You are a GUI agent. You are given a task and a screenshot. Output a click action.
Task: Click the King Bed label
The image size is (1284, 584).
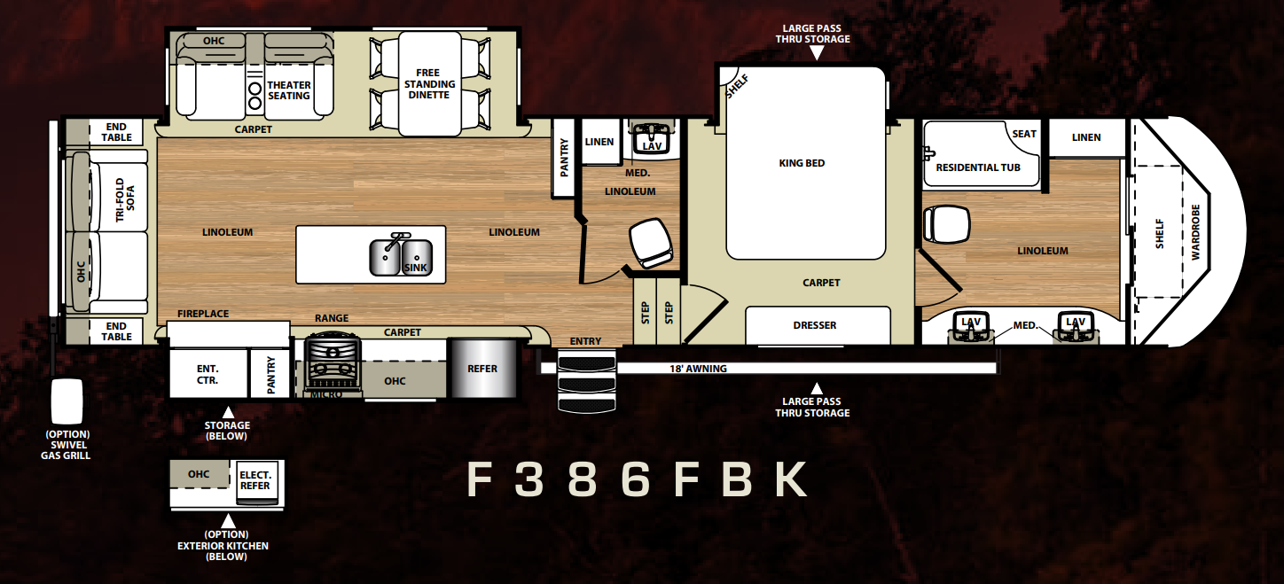802,163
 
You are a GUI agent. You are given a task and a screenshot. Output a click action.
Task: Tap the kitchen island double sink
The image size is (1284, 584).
401,257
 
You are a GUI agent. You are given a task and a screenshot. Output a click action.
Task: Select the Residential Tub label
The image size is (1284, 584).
978,167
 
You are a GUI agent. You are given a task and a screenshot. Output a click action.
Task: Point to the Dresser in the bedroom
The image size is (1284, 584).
818,325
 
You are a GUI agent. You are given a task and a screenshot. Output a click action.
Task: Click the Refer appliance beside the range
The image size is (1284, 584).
482,368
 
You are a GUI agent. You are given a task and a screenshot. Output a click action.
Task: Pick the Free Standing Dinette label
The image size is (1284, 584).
429,83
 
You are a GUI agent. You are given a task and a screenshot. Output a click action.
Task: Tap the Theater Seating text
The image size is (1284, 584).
289,90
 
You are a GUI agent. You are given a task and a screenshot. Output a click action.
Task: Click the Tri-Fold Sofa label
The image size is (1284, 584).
125,199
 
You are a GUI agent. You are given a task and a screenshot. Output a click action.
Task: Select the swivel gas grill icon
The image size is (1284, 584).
67,401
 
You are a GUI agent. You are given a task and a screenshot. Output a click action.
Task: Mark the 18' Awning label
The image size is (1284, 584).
698,369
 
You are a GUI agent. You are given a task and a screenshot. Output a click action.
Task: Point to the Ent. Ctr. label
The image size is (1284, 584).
207,374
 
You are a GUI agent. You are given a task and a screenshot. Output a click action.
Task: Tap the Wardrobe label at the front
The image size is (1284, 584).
1195,232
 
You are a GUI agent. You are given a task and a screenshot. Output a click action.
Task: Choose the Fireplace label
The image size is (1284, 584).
203,314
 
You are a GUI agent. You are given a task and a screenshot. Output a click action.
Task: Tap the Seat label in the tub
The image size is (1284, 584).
1024,134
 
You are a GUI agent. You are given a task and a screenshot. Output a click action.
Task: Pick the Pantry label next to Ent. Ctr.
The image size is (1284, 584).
271,375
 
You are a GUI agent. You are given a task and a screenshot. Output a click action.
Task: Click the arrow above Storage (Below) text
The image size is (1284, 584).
228,412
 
